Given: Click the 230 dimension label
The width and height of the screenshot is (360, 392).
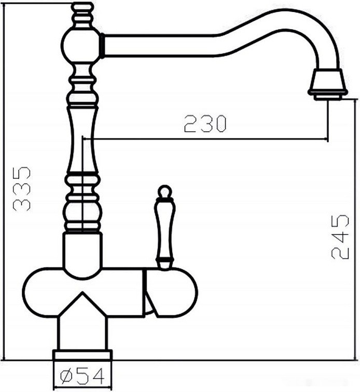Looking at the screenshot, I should click(205, 123).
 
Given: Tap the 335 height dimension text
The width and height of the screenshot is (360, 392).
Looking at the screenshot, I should click(21, 188).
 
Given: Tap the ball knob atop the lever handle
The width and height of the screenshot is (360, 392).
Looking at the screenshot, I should click(164, 192).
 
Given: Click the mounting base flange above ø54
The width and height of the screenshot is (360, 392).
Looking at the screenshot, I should click(82, 355).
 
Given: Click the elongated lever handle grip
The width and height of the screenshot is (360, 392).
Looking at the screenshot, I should click(164, 228).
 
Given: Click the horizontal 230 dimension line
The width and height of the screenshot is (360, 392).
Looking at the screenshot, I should click(207, 138).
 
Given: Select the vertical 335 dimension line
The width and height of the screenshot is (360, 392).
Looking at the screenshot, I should click(5, 181).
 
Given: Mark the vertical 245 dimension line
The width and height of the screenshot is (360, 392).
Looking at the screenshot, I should click(356, 228).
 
